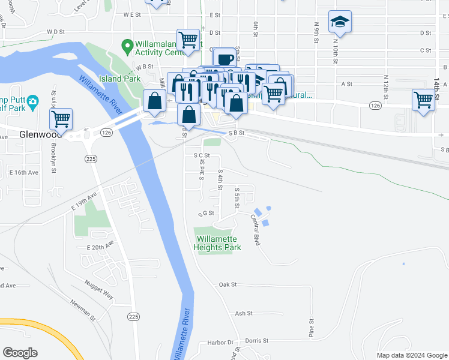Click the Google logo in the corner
20,352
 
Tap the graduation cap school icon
340,22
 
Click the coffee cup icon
225,59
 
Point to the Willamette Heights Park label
217,243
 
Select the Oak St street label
228,284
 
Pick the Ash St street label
244,313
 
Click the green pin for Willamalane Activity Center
127,45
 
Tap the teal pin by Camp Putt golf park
33,101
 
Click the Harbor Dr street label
221,342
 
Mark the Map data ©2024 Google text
411,355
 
